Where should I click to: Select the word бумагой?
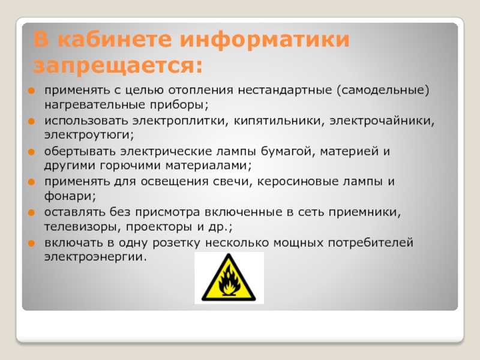287,151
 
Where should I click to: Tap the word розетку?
176,243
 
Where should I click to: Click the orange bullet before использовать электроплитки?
32,121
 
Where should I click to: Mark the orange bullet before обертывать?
32,152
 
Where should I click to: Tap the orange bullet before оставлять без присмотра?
32,212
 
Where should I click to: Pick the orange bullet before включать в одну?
32,244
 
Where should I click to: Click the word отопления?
200,90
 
